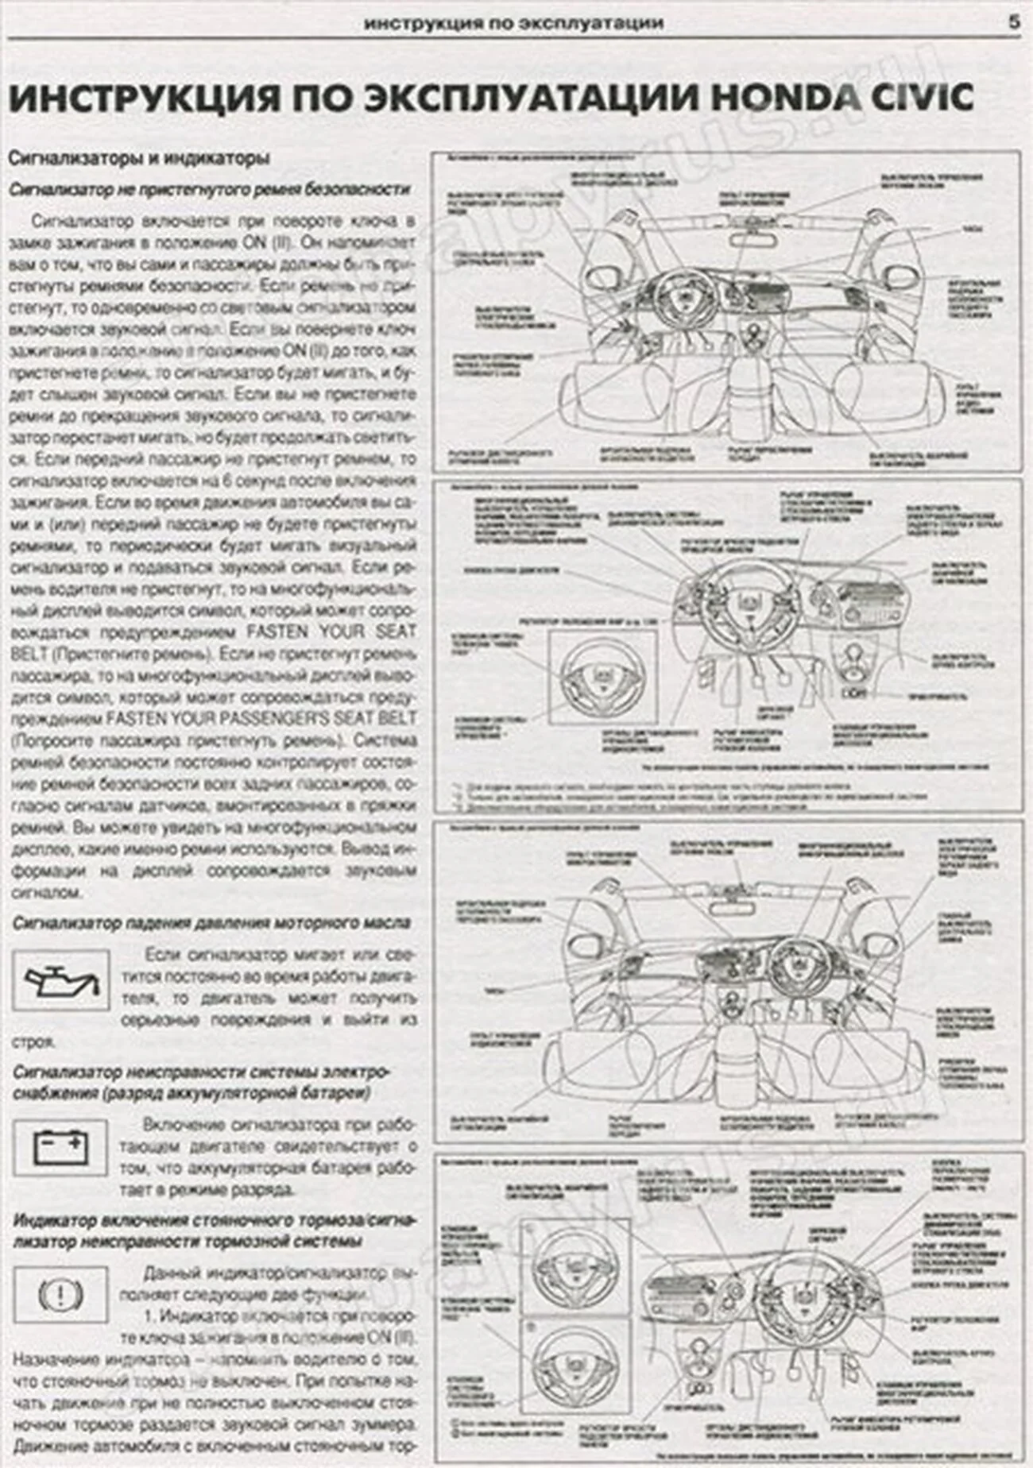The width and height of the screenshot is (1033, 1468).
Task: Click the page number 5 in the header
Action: point(1014,23)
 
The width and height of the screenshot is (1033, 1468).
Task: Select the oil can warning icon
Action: point(61,980)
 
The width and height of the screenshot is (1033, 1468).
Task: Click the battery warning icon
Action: point(61,1148)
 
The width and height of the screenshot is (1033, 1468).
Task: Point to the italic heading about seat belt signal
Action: point(210,189)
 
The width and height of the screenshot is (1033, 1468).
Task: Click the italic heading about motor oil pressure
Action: point(211,923)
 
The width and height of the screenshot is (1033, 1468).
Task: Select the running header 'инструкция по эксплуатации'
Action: point(513,23)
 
